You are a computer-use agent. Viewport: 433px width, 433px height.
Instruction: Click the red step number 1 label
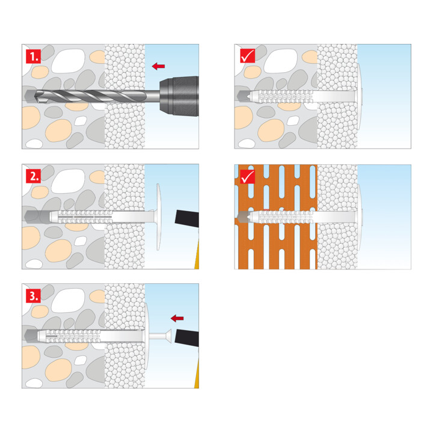(34, 57)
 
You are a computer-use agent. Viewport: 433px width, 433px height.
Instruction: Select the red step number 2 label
(34, 176)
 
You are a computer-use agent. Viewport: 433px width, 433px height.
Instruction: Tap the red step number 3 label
(34, 295)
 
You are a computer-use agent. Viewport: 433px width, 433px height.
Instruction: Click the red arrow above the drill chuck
(159, 66)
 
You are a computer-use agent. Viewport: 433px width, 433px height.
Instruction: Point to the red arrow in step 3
(177, 318)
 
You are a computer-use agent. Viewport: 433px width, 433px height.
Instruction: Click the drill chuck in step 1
(179, 96)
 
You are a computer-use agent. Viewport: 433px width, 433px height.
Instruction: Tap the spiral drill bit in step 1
(91, 96)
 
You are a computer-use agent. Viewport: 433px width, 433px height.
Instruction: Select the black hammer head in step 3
(187, 338)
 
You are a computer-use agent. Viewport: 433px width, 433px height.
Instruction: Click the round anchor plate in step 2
(158, 216)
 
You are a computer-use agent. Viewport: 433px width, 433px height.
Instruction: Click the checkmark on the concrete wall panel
(247, 56)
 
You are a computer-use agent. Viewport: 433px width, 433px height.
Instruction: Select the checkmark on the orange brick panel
(247, 176)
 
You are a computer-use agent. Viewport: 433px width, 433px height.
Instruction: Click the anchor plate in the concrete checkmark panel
(359, 97)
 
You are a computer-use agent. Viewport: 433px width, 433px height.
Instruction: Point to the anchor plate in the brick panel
(359, 217)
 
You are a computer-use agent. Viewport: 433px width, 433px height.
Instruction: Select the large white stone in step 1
(68, 61)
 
